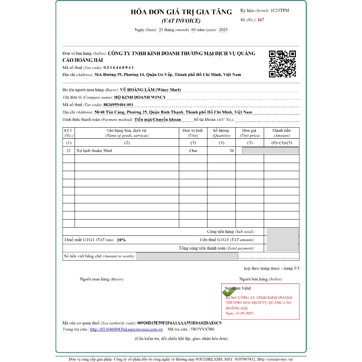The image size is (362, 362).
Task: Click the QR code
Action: tap(282, 64)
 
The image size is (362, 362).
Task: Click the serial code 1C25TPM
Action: tap(280, 11)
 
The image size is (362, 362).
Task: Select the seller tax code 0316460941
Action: tap(118, 68)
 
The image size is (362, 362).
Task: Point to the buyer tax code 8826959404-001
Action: tap(118, 105)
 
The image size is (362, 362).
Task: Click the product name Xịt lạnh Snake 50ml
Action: tap(94, 151)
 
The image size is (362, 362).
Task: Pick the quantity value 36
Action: tap(232, 151)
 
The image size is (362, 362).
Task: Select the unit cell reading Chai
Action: tap(193, 151)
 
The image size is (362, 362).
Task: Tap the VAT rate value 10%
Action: tap(121, 240)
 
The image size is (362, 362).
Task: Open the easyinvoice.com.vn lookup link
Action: tap(126, 329)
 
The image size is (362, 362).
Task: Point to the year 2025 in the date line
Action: tap(223, 30)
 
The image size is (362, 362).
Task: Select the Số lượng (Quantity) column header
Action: tap(221, 133)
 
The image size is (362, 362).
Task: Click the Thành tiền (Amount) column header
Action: tap(281, 133)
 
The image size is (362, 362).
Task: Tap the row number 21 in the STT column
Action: tap(69, 151)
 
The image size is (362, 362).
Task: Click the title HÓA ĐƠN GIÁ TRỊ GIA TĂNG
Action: tap(181, 12)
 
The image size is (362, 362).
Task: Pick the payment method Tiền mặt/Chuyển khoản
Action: tap(157, 119)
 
